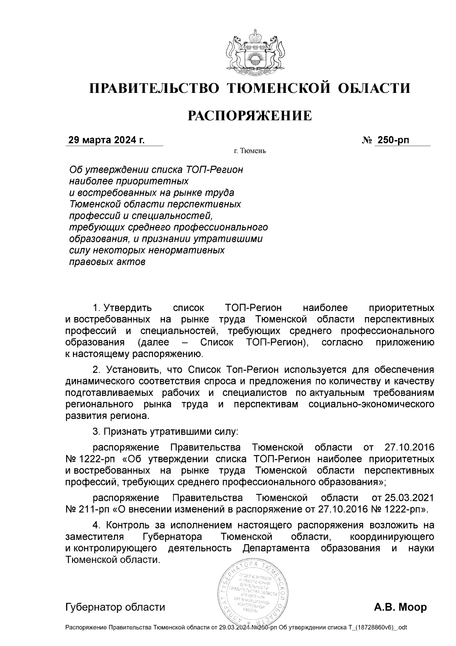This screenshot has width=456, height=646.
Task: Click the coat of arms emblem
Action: coord(250,53)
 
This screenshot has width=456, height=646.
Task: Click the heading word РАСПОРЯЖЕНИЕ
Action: coord(250,115)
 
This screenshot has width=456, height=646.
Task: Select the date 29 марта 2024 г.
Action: coord(106,140)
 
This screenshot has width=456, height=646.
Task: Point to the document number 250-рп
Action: coord(393,140)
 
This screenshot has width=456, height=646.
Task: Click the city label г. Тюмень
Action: coord(250,151)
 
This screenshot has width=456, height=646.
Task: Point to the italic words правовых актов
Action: coord(107,262)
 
